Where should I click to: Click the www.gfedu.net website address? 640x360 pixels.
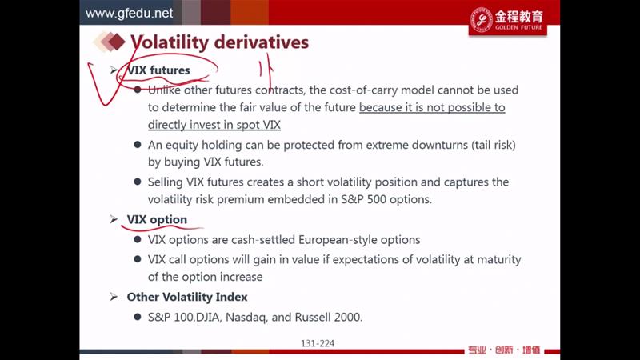pyautogui.click(x=129, y=13)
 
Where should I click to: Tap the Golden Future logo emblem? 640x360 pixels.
pyautogui.click(x=482, y=19)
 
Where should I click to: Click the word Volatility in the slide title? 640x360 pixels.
pyautogui.click(x=170, y=42)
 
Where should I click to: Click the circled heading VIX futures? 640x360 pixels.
pyautogui.click(x=158, y=70)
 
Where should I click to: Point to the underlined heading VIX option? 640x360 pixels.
pyautogui.click(x=157, y=219)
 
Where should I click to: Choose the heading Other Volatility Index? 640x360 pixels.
pyautogui.click(x=187, y=297)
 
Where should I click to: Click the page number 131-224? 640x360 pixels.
pyautogui.click(x=318, y=344)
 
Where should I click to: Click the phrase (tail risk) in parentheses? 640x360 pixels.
pyautogui.click(x=494, y=145)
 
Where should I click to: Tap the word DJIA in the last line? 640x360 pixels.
pyautogui.click(x=208, y=317)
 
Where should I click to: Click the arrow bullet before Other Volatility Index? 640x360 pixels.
pyautogui.click(x=114, y=297)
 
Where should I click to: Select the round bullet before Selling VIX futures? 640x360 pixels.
pyautogui.click(x=138, y=182)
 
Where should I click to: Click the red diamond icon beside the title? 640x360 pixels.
pyautogui.click(x=116, y=42)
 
